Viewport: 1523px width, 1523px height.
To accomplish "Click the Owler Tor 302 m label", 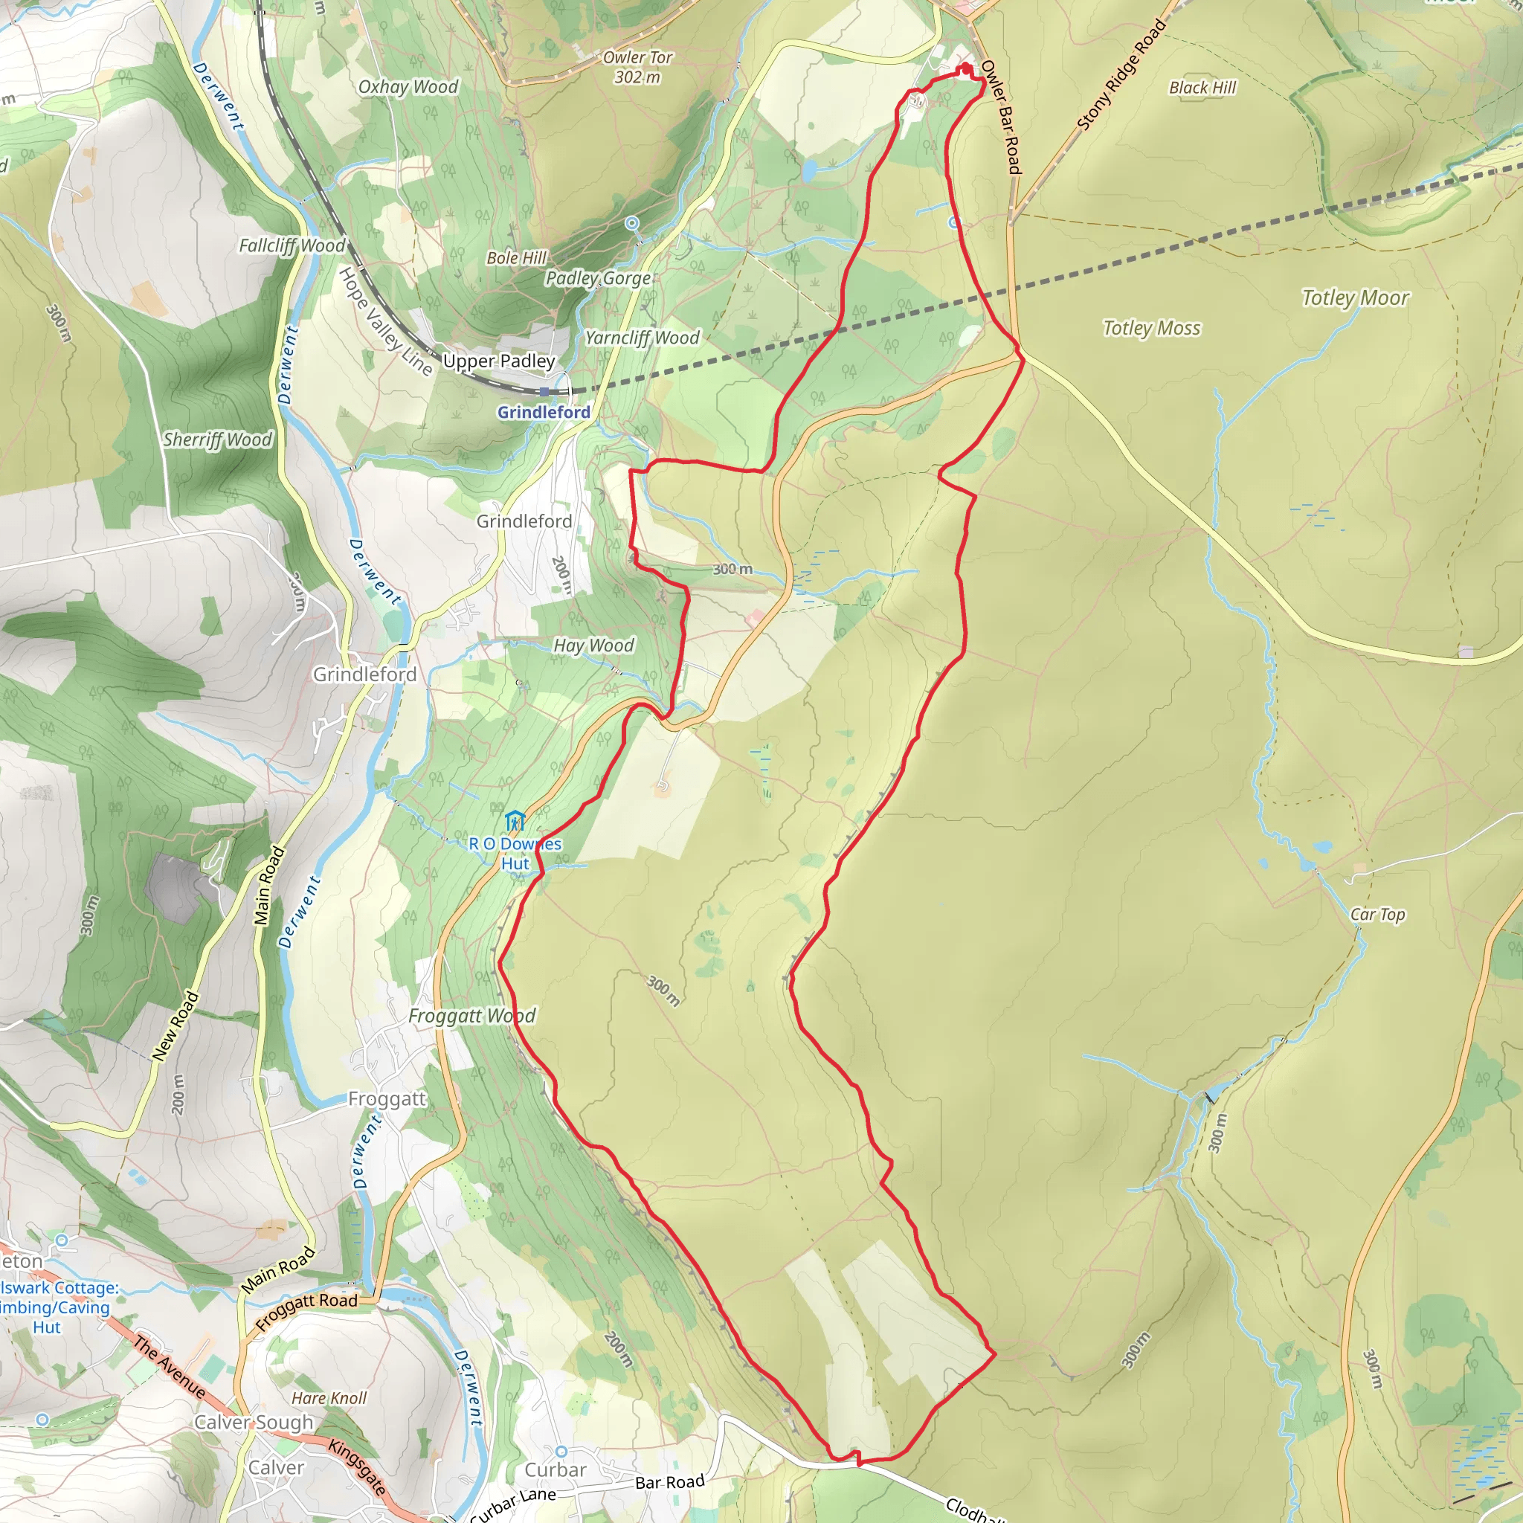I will pyautogui.click(x=637, y=67).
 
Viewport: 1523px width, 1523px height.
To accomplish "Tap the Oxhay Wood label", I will pyautogui.click(x=408, y=87).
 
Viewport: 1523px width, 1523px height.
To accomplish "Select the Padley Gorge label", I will pyautogui.click(x=599, y=278).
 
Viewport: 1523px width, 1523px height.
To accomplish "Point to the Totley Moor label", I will pyautogui.click(x=1354, y=298).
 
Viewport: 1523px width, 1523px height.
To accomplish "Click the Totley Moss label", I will pyautogui.click(x=1151, y=328).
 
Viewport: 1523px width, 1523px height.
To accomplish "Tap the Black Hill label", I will pyautogui.click(x=1202, y=88).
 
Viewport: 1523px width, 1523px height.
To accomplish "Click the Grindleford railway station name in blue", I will pyautogui.click(x=543, y=412).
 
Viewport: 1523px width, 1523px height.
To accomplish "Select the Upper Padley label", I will pyautogui.click(x=498, y=361).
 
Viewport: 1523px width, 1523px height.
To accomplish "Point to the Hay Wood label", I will pyautogui.click(x=593, y=645).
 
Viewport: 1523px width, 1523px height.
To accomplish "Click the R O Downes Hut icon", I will pyautogui.click(x=514, y=822).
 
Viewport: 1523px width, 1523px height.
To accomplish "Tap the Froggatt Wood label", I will pyautogui.click(x=471, y=1016).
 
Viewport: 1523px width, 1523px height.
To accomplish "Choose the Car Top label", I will pyautogui.click(x=1377, y=915).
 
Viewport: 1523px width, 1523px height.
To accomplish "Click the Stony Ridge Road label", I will pyautogui.click(x=1121, y=75).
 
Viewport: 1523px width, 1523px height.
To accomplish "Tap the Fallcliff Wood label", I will pyautogui.click(x=292, y=246).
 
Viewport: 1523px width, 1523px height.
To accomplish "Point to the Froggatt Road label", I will pyautogui.click(x=306, y=1311).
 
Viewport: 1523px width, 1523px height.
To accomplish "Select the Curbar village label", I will pyautogui.click(x=555, y=1470).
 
